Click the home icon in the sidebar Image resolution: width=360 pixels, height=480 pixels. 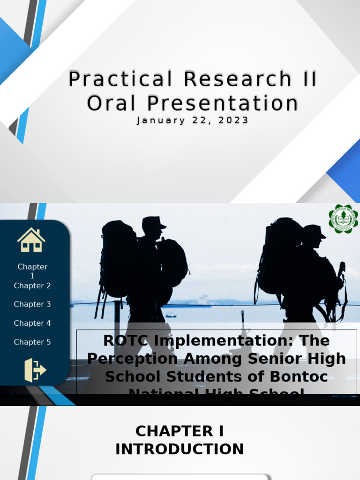click(31, 240)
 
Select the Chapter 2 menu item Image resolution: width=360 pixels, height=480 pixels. click(32, 285)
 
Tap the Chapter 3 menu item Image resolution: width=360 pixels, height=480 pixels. click(32, 304)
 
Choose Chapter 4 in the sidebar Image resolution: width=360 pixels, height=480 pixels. click(32, 323)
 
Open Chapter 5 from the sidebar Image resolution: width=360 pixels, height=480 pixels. click(32, 342)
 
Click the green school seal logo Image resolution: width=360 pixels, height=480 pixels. click(343, 219)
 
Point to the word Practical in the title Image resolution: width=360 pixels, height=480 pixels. click(120, 79)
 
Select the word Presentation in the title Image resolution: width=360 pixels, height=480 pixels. click(223, 103)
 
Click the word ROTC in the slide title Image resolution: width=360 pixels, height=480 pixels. click(125, 340)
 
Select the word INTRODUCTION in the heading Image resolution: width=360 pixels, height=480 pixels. click(180, 449)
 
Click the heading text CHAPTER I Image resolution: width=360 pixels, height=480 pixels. click(180, 431)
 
